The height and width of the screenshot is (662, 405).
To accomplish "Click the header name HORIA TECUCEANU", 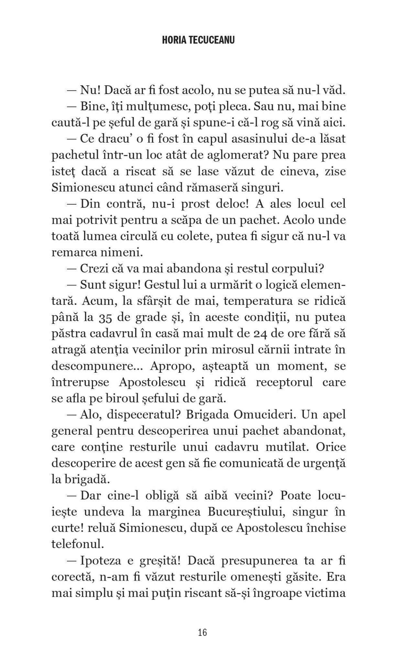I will [202, 40].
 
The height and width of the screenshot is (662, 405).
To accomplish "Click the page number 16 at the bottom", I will [202, 632].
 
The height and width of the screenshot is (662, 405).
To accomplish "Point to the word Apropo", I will [165, 366].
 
